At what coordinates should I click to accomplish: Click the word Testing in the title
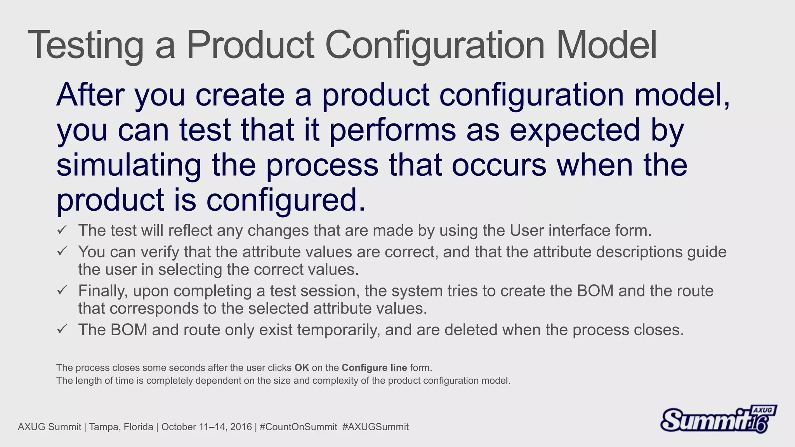tap(85, 46)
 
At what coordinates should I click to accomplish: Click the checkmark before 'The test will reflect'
tap(62, 230)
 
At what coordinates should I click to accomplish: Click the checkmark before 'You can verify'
tap(62, 251)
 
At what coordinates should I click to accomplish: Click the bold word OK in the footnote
tap(302, 367)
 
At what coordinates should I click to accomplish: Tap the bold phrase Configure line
tap(374, 367)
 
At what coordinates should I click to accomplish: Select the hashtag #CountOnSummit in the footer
tap(298, 427)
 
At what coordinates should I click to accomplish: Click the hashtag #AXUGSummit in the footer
tap(375, 427)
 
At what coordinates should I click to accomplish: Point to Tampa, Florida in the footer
tap(121, 427)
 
